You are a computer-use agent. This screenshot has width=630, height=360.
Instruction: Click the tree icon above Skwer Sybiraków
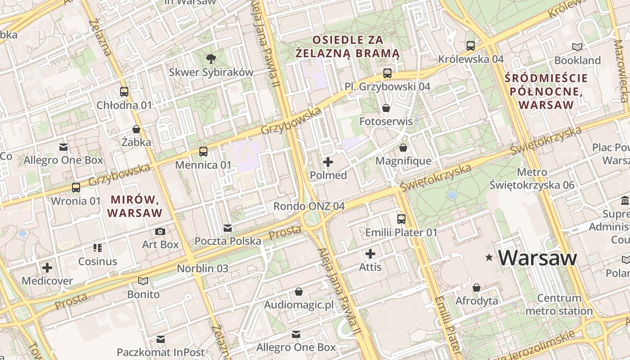click(210, 58)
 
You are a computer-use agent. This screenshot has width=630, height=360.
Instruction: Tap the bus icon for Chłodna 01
click(124, 92)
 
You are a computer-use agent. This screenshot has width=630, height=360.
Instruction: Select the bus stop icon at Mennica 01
click(203, 152)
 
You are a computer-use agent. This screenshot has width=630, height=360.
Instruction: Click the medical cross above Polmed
click(328, 162)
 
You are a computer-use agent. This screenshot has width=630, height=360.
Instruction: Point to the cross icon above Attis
click(370, 254)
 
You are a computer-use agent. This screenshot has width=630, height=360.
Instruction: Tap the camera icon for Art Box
click(160, 232)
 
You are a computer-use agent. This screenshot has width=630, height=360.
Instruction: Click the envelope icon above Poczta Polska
click(228, 228)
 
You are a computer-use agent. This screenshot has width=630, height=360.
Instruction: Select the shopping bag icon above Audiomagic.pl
click(298, 292)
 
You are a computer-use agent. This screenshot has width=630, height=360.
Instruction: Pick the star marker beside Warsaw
click(489, 258)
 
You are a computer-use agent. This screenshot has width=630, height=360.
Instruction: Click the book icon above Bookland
click(577, 47)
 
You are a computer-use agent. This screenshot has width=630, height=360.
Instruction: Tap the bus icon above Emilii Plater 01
click(401, 219)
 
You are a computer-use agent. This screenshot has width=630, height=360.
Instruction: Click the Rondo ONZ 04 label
click(309, 206)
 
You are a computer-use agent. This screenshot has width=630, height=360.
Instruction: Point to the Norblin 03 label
click(202, 269)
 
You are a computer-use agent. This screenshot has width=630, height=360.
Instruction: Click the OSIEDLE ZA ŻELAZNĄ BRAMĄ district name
click(348, 46)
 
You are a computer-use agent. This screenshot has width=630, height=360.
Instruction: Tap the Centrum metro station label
click(559, 305)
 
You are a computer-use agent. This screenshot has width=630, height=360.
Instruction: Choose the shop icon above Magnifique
click(403, 148)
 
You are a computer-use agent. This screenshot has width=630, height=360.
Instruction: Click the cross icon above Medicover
click(47, 268)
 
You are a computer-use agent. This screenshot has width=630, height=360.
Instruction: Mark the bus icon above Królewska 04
click(471, 45)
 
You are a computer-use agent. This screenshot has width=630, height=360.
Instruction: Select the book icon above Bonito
click(143, 281)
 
